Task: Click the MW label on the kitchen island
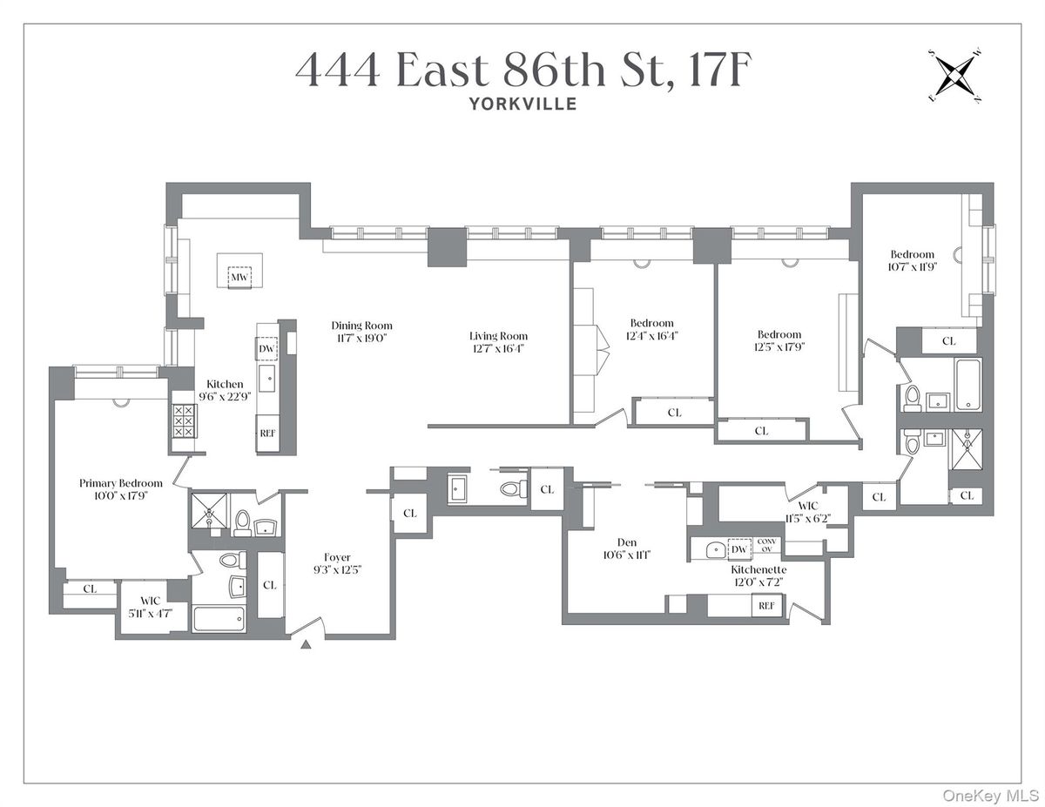click(x=238, y=278)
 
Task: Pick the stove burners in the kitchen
click(x=183, y=420)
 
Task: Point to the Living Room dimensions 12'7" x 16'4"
click(x=498, y=348)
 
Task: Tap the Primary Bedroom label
click(x=120, y=483)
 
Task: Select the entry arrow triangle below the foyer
click(x=306, y=645)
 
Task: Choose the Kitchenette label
click(x=758, y=569)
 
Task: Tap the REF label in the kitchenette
click(x=766, y=606)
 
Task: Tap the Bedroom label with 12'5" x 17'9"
click(x=779, y=334)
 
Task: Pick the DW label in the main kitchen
click(x=266, y=349)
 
